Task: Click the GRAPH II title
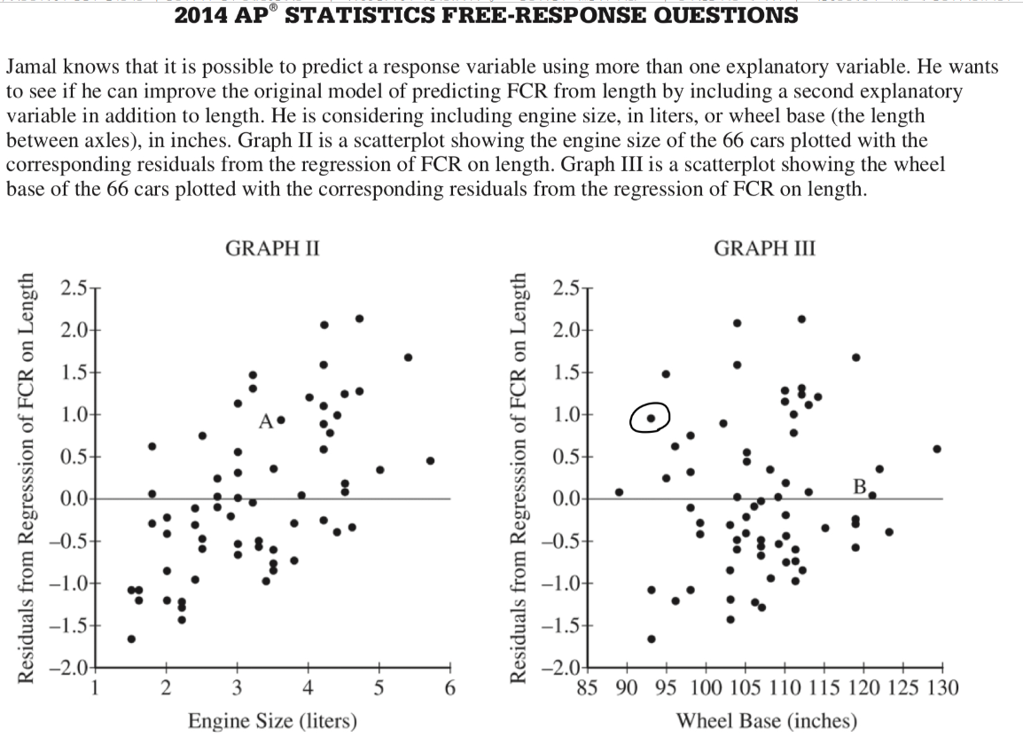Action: [272, 248]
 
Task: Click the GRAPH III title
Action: [764, 248]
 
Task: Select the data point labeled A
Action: [281, 420]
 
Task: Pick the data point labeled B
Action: [872, 495]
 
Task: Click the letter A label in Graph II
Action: [266, 422]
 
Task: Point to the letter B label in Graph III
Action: [859, 486]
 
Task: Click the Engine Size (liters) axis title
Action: [273, 720]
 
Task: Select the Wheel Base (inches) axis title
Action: [766, 720]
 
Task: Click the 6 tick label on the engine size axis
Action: [449, 687]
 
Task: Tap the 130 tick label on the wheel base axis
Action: [942, 687]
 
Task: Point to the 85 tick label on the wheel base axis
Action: [588, 687]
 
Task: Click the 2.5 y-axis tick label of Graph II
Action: [73, 288]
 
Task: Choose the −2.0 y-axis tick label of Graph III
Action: [559, 668]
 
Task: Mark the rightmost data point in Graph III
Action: [937, 449]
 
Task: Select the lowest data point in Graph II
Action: [131, 639]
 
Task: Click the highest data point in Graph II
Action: [359, 318]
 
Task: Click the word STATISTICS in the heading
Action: [360, 15]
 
